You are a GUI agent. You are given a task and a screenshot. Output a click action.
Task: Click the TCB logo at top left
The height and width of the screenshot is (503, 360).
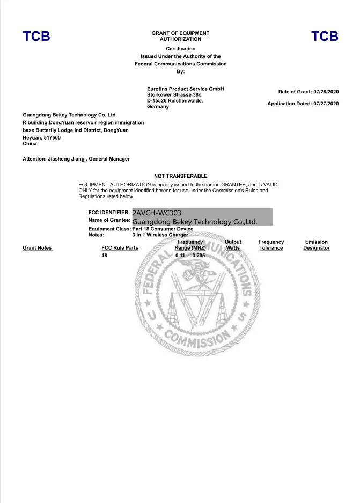(36, 37)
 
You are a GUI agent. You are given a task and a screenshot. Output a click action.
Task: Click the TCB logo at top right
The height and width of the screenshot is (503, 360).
(325, 37)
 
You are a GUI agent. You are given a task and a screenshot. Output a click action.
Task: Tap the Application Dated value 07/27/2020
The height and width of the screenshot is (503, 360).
(327, 104)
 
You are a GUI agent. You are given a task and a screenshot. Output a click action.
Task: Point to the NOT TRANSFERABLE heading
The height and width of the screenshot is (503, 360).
(180, 176)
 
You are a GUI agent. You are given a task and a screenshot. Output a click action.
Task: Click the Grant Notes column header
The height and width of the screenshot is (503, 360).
(37, 248)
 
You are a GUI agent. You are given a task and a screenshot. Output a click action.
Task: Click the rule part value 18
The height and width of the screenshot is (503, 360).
(104, 256)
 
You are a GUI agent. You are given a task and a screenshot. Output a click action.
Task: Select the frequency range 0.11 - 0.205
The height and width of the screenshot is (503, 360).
(190, 256)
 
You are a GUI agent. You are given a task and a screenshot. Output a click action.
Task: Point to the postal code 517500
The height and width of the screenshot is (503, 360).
(52, 137)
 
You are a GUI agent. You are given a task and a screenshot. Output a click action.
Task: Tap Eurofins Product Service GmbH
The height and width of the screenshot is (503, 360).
(185, 89)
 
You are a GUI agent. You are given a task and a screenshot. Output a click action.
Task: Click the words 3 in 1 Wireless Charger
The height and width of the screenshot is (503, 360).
(160, 235)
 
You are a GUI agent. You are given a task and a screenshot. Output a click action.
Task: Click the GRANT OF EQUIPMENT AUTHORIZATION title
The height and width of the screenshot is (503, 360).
(180, 36)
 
